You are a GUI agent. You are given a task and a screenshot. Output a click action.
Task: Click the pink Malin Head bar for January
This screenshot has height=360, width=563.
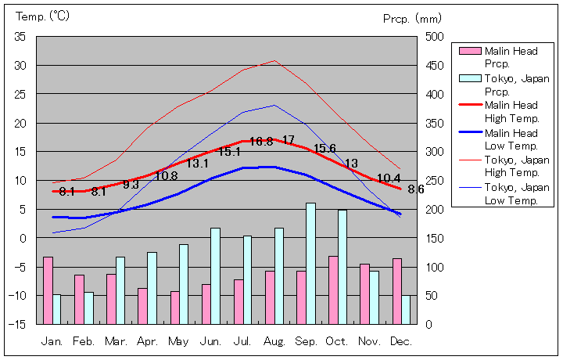pos(48,290)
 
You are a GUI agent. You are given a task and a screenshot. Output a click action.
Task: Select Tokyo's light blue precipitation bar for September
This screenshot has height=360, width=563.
pos(310,263)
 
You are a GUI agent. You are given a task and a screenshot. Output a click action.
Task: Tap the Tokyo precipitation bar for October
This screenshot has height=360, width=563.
pos(342,266)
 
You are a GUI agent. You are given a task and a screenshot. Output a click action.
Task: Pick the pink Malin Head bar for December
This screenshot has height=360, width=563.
pos(396,290)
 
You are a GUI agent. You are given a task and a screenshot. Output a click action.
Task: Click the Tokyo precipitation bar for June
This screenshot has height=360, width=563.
pos(215,275)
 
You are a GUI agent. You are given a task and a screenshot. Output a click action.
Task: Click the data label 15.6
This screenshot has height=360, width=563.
pos(325,149)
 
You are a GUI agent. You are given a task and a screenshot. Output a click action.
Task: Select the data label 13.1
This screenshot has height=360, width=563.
pos(197,164)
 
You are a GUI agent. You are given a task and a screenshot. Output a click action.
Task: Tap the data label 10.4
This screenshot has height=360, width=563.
pos(389,178)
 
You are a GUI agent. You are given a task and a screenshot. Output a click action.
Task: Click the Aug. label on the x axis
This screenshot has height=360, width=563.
pos(274,341)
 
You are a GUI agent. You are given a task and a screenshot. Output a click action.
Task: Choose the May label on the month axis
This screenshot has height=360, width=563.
pos(179,341)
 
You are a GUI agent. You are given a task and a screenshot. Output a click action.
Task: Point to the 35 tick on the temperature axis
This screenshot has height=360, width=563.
pos(20,37)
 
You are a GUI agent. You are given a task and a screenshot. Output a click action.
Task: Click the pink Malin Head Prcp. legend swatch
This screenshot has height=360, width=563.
pos(469,52)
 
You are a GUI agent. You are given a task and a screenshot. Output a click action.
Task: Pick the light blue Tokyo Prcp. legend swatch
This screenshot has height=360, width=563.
pos(469,78)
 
